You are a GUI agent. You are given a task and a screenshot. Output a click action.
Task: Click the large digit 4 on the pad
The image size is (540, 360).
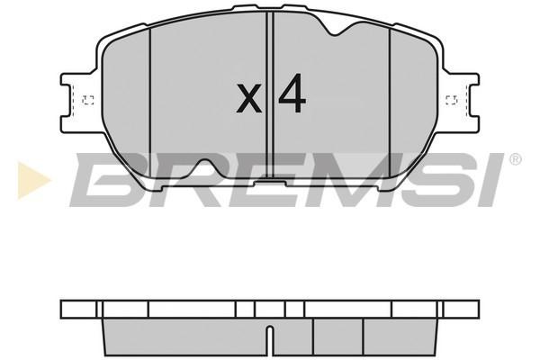point(292,93)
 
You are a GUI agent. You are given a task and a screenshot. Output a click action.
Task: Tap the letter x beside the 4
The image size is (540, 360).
point(249,98)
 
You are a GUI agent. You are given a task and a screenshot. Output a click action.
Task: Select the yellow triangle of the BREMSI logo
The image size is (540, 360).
point(32,180)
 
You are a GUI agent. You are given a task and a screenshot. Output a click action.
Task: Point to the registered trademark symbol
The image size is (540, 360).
point(515,159)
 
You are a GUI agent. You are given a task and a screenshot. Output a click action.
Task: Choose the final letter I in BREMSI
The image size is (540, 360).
point(490,179)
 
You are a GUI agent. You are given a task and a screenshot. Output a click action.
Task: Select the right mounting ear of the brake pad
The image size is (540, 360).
point(459,103)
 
